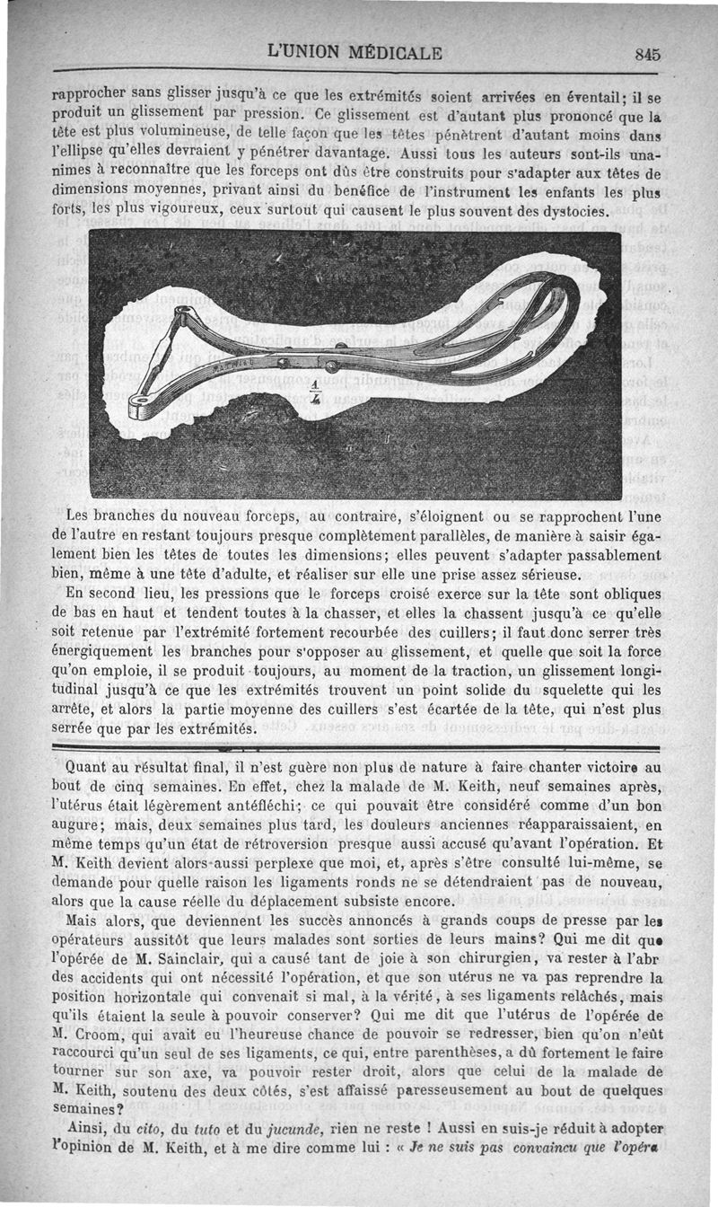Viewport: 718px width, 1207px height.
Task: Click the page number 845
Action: tap(647, 54)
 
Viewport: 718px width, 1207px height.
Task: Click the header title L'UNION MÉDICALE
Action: tap(355, 53)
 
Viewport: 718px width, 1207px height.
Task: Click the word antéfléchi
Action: tap(241, 806)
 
